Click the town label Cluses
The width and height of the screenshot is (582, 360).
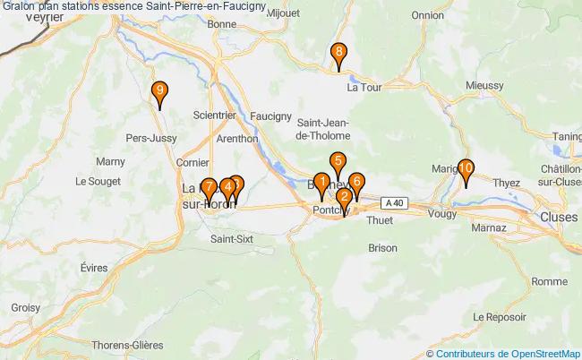click(559, 217)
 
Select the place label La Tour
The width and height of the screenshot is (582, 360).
click(364, 88)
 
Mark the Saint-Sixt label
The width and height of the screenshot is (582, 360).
click(231, 239)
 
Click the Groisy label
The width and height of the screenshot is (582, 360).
click(25, 306)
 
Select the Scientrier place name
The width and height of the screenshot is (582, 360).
click(215, 116)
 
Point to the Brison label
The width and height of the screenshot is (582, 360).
click(382, 247)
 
